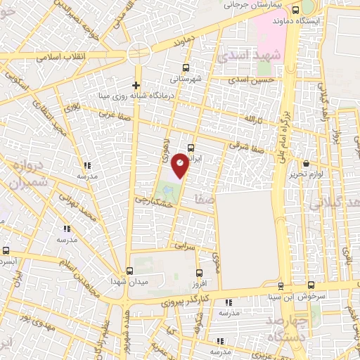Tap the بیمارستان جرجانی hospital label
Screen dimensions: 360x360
[x=257, y=5]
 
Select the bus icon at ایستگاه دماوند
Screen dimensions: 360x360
[x=296, y=10]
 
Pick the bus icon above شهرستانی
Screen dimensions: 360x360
[x=186, y=67]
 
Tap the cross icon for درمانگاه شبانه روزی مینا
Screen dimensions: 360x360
[x=136, y=85]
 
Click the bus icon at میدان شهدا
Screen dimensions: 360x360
[x=129, y=271]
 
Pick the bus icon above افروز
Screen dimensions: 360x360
[x=200, y=272]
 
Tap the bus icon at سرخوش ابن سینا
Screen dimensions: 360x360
[x=281, y=285]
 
